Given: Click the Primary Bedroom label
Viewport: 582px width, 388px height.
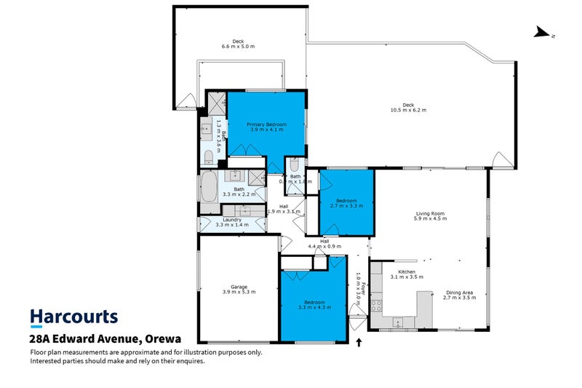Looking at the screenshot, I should coord(266,124).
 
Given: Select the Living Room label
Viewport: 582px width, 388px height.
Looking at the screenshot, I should coord(429,213).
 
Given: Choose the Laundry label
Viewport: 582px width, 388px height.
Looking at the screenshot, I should coord(232,219).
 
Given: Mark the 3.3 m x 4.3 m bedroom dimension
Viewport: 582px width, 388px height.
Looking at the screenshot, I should coord(314,307).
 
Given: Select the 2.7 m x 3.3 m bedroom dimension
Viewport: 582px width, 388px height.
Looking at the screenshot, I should coord(346,206).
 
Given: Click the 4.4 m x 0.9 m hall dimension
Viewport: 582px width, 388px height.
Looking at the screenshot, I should coord(324,246).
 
